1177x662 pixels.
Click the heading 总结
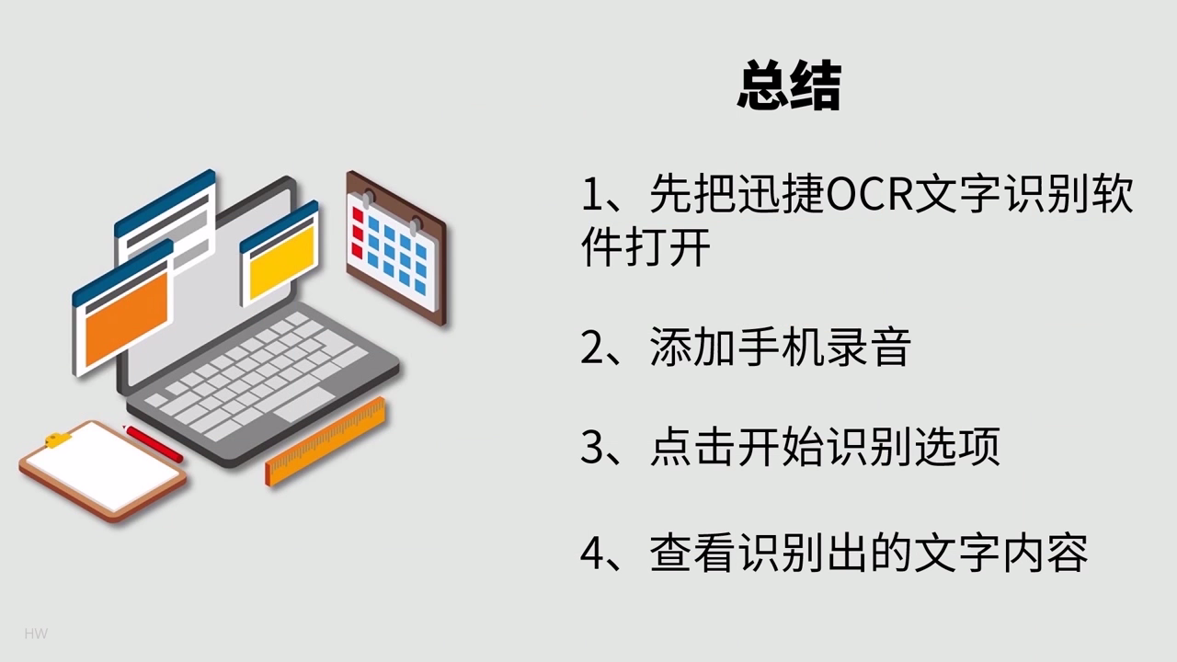(x=789, y=88)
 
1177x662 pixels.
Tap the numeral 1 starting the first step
(x=590, y=196)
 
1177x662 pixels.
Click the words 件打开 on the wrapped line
(x=646, y=247)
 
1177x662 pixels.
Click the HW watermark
(x=36, y=633)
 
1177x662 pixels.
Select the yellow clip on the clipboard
(x=58, y=439)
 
